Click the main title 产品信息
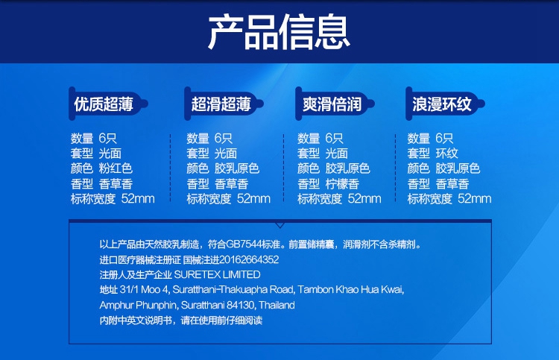[279, 33]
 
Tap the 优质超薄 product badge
[108, 104]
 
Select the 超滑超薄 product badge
[224, 104]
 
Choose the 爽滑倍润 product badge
[335, 104]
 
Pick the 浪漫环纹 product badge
[445, 104]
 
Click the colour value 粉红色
[116, 168]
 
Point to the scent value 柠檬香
[342, 184]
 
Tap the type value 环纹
[446, 154]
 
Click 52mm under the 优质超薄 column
[138, 198]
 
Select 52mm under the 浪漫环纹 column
[475, 198]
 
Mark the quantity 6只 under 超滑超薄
[224, 139]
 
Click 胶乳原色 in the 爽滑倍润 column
[347, 168]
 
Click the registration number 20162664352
[249, 259]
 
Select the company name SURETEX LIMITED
[217, 274]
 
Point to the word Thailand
[277, 305]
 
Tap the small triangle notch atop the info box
[279, 225]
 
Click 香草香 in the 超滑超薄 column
[231, 184]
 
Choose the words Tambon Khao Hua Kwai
[350, 289]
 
